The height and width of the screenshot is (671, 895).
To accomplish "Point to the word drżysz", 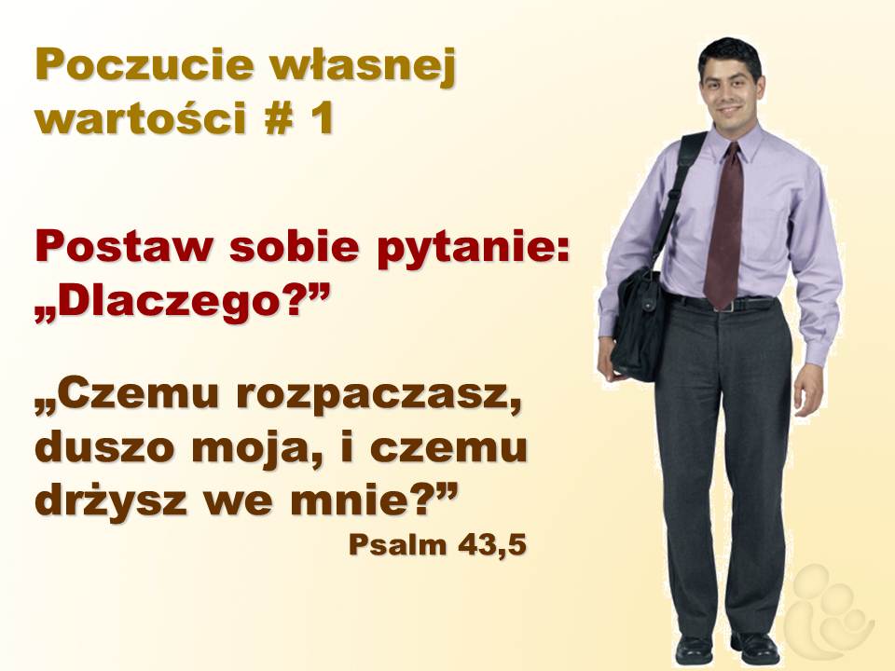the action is pos(111,499).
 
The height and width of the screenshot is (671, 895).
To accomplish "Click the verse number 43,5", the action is pos(491,545).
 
